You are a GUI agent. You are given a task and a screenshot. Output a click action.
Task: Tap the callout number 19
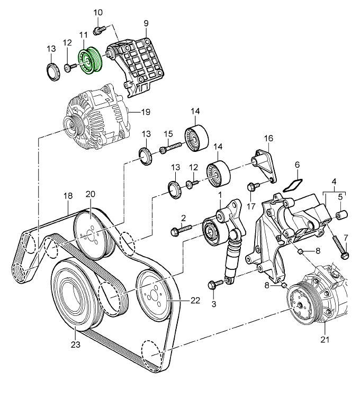[x=146, y=111]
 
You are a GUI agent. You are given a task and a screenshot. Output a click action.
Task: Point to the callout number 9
[x=146, y=23]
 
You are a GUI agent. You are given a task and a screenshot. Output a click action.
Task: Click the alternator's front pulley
[x=69, y=126]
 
